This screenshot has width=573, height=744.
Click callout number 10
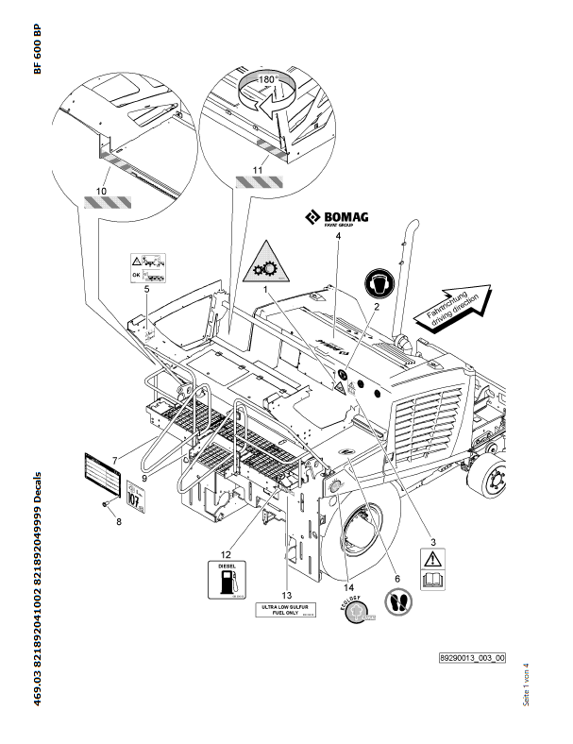point(100,189)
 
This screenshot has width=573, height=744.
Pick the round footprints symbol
point(399,602)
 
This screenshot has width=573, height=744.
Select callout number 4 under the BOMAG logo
point(337,238)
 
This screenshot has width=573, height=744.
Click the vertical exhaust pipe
point(413,274)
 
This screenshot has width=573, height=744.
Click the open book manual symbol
point(431,578)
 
